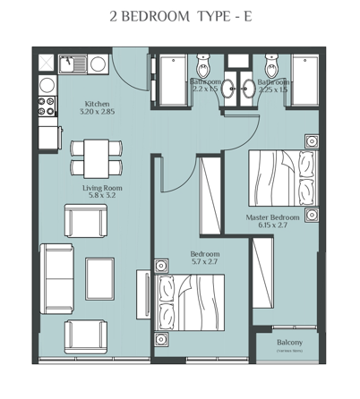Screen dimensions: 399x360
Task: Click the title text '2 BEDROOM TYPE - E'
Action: coord(179,17)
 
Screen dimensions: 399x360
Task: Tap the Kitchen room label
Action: coord(98,103)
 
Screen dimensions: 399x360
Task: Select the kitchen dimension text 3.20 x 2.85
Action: coord(98,113)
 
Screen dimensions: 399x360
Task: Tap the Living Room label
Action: coord(102,188)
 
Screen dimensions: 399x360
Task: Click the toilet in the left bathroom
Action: coord(202,68)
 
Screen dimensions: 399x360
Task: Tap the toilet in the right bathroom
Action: coord(272,68)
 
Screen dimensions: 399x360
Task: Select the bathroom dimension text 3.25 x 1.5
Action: coord(272,89)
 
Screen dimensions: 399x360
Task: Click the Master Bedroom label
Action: coord(272,217)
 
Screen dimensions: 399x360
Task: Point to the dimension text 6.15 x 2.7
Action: coord(272,227)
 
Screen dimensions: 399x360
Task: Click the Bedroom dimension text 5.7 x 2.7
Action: coord(204,264)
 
